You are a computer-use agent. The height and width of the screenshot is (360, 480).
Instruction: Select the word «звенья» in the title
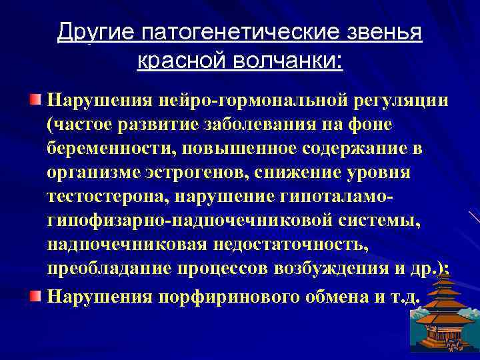(380, 31)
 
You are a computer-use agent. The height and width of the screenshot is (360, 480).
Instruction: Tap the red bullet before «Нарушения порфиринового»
(35, 295)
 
